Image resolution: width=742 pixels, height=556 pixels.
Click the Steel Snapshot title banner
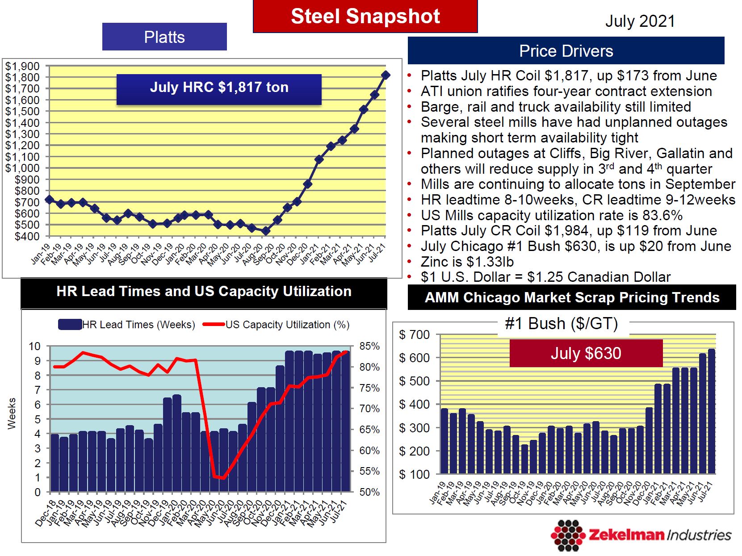tap(365, 17)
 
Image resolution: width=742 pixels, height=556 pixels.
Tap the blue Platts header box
tap(164, 37)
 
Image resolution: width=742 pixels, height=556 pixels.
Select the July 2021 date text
tap(640, 21)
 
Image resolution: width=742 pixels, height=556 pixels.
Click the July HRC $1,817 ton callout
tap(219, 88)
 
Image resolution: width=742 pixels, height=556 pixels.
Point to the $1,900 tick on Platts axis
tap(22, 66)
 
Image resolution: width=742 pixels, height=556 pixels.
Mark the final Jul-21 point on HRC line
tap(386, 75)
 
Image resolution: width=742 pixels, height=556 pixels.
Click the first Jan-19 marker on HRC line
tap(49, 200)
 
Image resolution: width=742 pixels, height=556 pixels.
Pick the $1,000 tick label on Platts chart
tap(22, 168)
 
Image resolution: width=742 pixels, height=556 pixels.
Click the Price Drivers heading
tap(566, 51)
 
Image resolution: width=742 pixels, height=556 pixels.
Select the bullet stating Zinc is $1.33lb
tap(467, 262)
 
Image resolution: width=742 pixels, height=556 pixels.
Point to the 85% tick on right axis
tap(369, 346)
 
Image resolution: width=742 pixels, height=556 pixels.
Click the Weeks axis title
tap(12, 414)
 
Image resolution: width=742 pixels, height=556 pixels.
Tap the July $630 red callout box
tap(586, 353)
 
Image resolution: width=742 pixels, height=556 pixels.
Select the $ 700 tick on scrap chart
tap(414, 334)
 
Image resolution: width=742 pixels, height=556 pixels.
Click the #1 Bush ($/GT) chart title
tap(561, 323)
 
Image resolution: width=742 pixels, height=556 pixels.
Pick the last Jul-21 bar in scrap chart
tap(711, 411)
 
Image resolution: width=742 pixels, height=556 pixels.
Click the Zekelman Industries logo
tap(641, 535)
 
